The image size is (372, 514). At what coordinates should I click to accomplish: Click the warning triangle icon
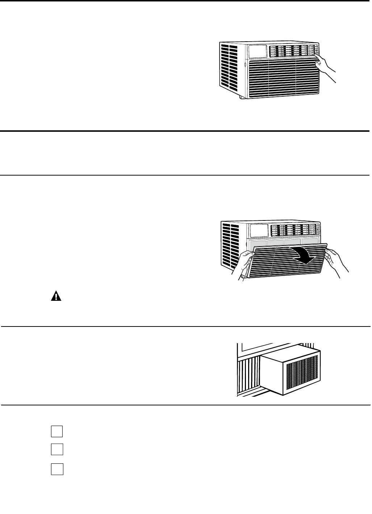pos(56,296)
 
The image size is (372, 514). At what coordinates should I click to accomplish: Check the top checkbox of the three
pos(57,431)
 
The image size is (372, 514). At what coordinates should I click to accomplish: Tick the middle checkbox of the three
pos(57,449)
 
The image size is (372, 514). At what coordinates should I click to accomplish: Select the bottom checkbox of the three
pos(57,469)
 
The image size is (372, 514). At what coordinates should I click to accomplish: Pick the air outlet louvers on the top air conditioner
pos(293,51)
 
